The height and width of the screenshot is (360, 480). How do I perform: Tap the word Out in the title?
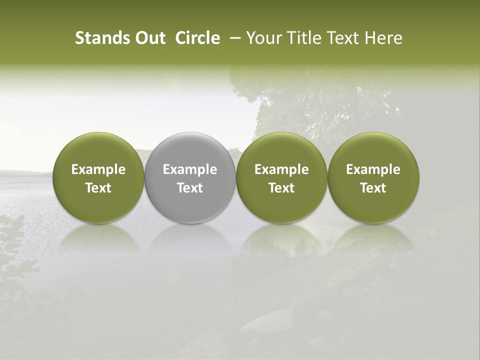click(x=148, y=38)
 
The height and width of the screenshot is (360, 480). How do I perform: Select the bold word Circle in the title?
click(x=197, y=38)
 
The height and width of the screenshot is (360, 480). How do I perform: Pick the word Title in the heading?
click(x=301, y=38)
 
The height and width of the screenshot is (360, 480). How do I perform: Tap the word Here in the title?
click(x=383, y=38)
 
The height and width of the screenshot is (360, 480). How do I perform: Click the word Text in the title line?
click(x=342, y=38)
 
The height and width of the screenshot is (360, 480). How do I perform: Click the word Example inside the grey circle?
click(x=190, y=169)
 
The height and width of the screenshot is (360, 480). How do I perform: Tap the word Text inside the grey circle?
click(x=190, y=188)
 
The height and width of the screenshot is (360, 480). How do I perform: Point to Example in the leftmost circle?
click(x=98, y=169)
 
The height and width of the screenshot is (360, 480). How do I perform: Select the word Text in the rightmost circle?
click(x=373, y=188)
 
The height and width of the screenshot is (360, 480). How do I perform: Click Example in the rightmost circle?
click(x=373, y=169)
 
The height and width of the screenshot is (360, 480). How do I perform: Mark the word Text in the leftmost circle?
click(x=98, y=188)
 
